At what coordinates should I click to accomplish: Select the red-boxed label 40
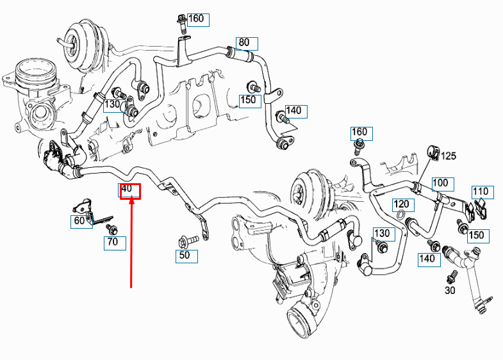click(x=129, y=190)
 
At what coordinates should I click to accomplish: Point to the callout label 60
click(x=80, y=222)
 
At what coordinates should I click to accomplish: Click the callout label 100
click(x=441, y=184)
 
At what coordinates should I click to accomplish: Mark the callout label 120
click(x=402, y=204)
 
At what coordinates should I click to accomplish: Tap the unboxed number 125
click(x=449, y=156)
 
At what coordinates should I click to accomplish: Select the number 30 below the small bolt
click(x=450, y=290)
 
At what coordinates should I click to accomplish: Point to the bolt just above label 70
click(x=112, y=229)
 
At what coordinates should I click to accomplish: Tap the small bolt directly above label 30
click(x=450, y=277)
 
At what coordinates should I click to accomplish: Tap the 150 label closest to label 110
click(x=476, y=235)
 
